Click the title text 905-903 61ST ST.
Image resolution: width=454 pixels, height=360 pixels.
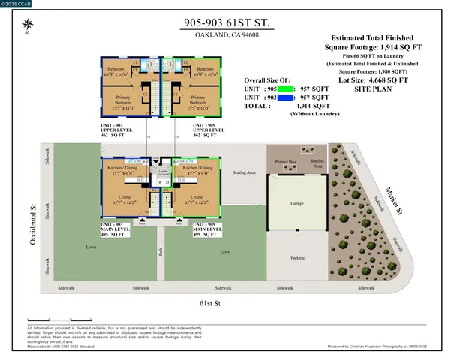tap(227, 24)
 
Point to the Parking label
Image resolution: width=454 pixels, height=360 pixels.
tap(297, 258)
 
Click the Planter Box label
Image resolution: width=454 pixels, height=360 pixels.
tap(285, 160)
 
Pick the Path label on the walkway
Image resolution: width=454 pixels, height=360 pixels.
tap(160, 252)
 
